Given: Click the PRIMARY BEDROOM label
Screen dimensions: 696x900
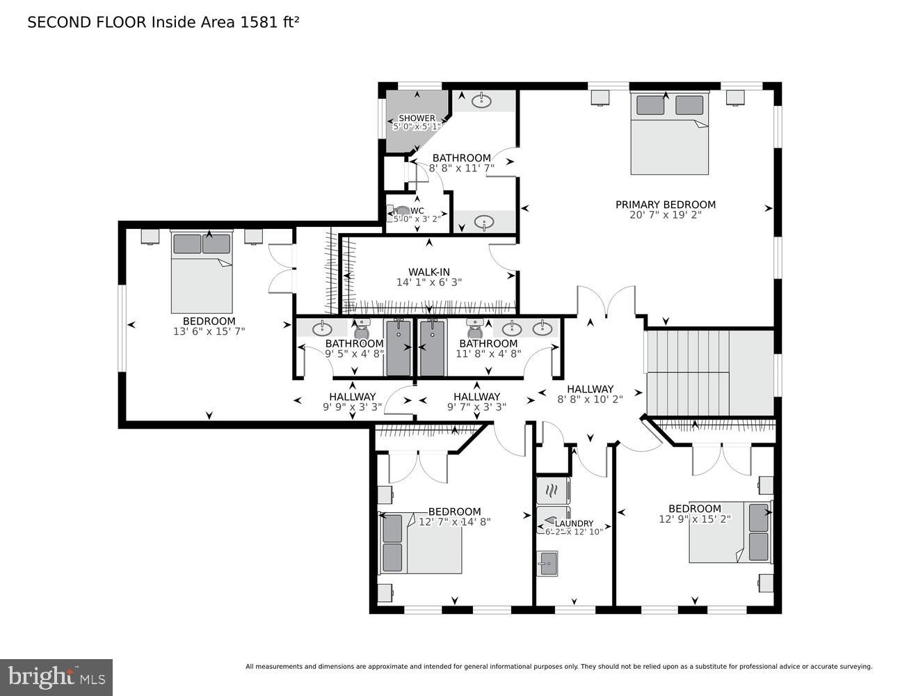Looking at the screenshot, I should click(x=665, y=205).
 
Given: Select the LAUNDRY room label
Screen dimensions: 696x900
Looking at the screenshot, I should click(x=574, y=523).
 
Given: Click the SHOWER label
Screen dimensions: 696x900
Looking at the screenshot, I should click(x=417, y=118).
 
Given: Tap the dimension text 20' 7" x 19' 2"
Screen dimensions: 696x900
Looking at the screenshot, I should click(x=665, y=215).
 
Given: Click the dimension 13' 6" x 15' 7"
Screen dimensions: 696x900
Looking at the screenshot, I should click(x=209, y=331).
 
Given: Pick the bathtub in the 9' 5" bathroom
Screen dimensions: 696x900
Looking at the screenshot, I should click(x=399, y=347).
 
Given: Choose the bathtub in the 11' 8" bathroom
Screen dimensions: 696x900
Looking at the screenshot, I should click(x=432, y=347).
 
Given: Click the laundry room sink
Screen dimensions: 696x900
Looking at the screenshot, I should click(x=548, y=562).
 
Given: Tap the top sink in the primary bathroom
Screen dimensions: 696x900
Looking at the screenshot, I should click(x=481, y=101).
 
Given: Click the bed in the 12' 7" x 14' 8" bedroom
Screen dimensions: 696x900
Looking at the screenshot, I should click(x=421, y=544).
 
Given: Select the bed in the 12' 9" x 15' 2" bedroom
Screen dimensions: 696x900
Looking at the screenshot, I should click(x=730, y=532).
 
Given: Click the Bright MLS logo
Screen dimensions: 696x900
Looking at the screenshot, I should click(x=56, y=677).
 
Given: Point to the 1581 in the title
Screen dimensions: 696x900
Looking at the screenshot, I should click(x=255, y=22).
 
